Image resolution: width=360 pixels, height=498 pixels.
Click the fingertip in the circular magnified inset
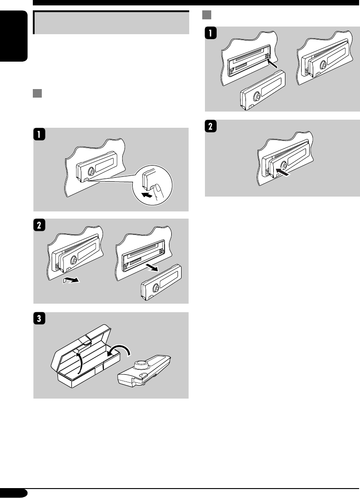point(157,191)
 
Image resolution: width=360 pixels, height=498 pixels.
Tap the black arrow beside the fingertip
point(147,194)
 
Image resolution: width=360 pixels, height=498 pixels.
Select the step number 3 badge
point(40,318)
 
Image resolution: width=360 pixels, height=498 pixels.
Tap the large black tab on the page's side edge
point(13,36)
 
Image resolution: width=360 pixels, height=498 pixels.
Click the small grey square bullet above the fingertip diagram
point(37,94)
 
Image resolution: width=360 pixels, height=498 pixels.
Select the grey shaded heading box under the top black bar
point(111,22)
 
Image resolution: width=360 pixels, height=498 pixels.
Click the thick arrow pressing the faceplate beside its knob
point(283,172)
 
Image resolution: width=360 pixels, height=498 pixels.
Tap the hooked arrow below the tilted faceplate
point(71,279)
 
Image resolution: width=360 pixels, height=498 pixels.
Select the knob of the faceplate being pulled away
point(156,288)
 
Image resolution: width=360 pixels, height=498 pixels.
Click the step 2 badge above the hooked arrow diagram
point(40,225)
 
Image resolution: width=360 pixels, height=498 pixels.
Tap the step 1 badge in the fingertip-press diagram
point(40,134)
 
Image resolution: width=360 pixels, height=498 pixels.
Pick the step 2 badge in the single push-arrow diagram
point(211,126)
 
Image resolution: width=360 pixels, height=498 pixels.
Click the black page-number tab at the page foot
point(13,493)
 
